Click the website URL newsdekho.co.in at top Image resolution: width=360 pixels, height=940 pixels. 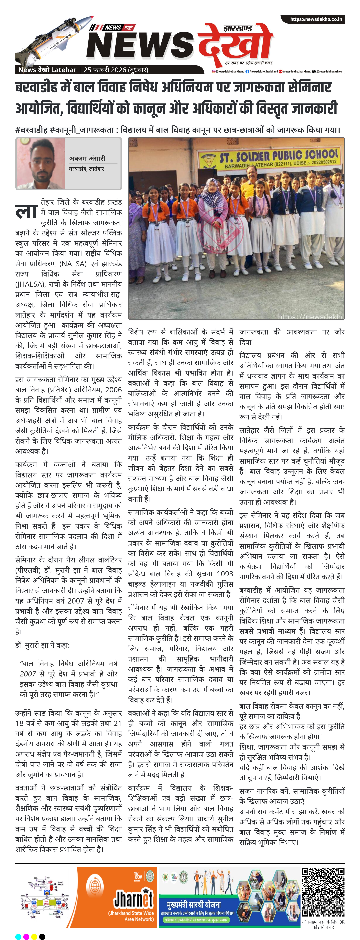pos(316,19)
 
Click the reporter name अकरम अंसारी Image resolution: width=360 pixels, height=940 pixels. pos(87,158)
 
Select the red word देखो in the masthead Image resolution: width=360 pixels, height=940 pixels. pos(235,46)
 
